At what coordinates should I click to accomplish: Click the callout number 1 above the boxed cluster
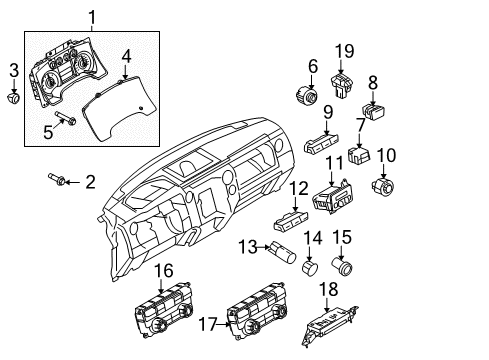[93, 16]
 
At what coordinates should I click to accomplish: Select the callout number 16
[162, 269]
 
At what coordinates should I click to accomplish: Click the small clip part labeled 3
[13, 99]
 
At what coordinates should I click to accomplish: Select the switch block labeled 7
[361, 155]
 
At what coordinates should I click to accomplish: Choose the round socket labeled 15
[345, 267]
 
